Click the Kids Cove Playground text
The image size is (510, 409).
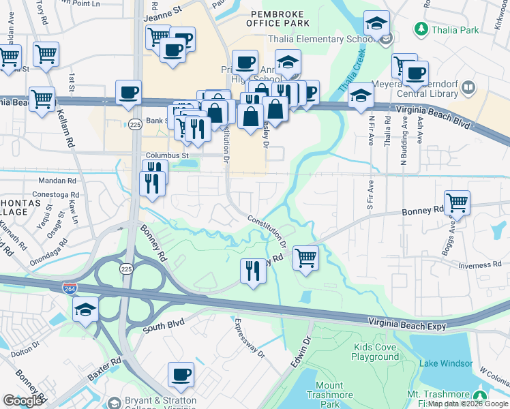(x=376, y=352)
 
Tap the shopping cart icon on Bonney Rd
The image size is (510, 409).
(x=457, y=202)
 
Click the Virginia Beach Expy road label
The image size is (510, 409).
(x=407, y=324)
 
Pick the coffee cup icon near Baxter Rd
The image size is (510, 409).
(x=181, y=374)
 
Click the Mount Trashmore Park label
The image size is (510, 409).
(x=330, y=395)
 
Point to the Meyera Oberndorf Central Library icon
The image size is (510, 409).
(x=468, y=87)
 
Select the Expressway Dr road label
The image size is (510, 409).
(x=250, y=337)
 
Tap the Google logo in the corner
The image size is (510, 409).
(x=22, y=401)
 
